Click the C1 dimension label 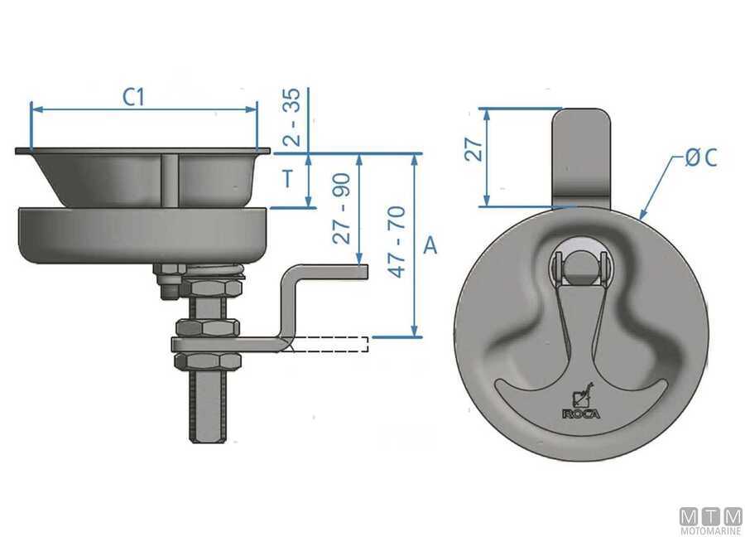pyautogui.click(x=134, y=97)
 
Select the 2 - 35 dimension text pyautogui.click(x=291, y=119)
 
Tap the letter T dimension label pyautogui.click(x=287, y=179)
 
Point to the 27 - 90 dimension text pyautogui.click(x=342, y=208)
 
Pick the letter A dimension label pyautogui.click(x=430, y=245)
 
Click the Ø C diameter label pyautogui.click(x=699, y=157)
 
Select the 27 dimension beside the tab pyautogui.click(x=473, y=149)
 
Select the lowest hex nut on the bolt pyautogui.click(x=205, y=361)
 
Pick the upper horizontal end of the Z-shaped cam pyautogui.click(x=331, y=272)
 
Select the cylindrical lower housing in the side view pyautogui.click(x=142, y=234)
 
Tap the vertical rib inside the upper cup pyautogui.click(x=170, y=178)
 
